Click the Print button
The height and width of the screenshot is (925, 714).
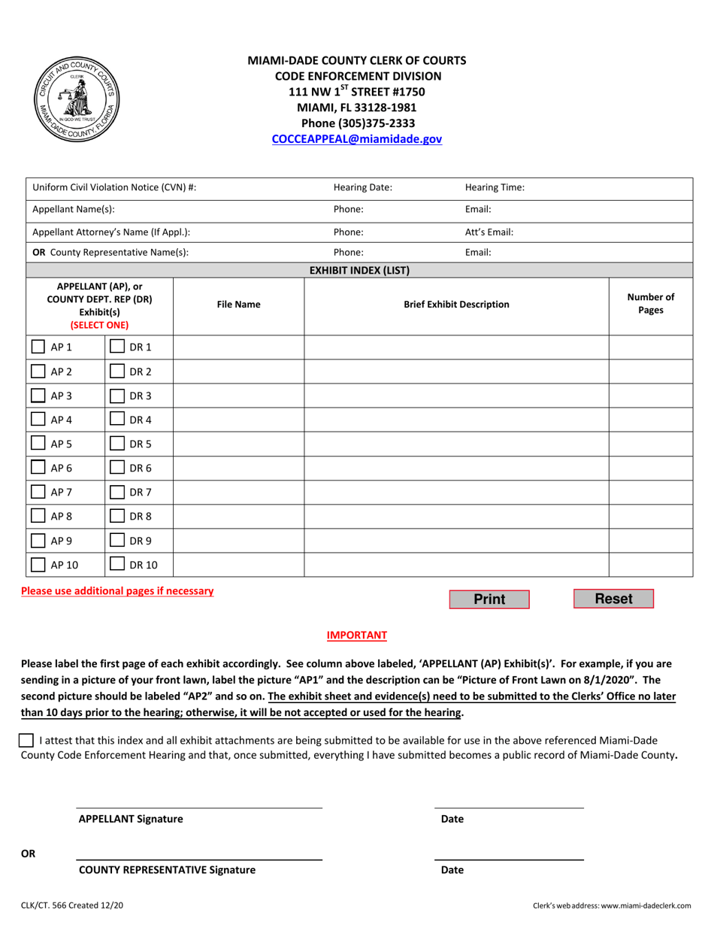coord(489,599)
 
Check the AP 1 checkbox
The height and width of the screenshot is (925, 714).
coord(38,347)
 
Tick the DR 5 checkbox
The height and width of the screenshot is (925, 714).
coord(117,444)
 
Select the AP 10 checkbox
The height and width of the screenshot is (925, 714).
coord(38,564)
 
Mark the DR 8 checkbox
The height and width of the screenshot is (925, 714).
coord(117,516)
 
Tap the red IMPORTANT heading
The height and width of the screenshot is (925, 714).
coord(357,635)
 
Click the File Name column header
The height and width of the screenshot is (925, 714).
coord(238,305)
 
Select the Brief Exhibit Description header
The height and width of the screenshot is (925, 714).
coord(456,305)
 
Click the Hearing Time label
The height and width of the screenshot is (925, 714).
coord(495,188)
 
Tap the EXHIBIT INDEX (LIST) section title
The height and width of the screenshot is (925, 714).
coord(359,271)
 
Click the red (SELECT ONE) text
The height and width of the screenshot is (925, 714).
coord(99,326)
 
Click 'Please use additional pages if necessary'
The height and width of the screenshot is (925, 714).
coord(117,591)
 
